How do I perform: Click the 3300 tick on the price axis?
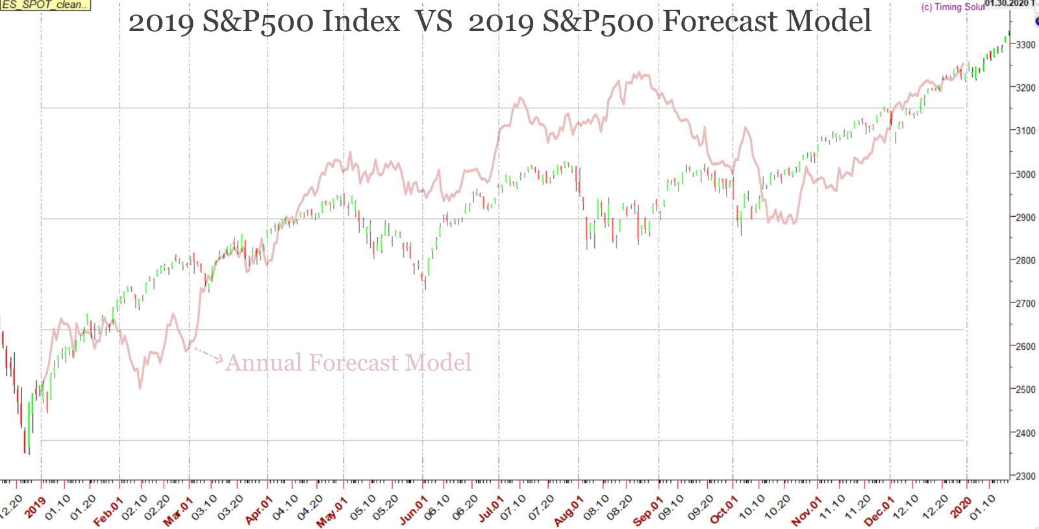point(1025,45)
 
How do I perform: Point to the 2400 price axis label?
point(1025,433)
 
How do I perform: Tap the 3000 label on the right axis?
point(1025,174)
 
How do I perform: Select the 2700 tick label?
point(1025,303)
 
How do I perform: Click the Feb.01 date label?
point(108,511)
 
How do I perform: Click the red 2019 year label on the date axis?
point(35,507)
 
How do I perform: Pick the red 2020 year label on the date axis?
point(960,507)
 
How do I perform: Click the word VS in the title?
point(433,22)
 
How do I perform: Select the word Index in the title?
point(361,22)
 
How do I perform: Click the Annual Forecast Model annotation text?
point(348,362)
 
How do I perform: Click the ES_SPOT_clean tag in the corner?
point(44,5)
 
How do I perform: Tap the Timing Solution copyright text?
point(952,7)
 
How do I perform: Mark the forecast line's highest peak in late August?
point(639,73)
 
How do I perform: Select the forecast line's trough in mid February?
point(140,388)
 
